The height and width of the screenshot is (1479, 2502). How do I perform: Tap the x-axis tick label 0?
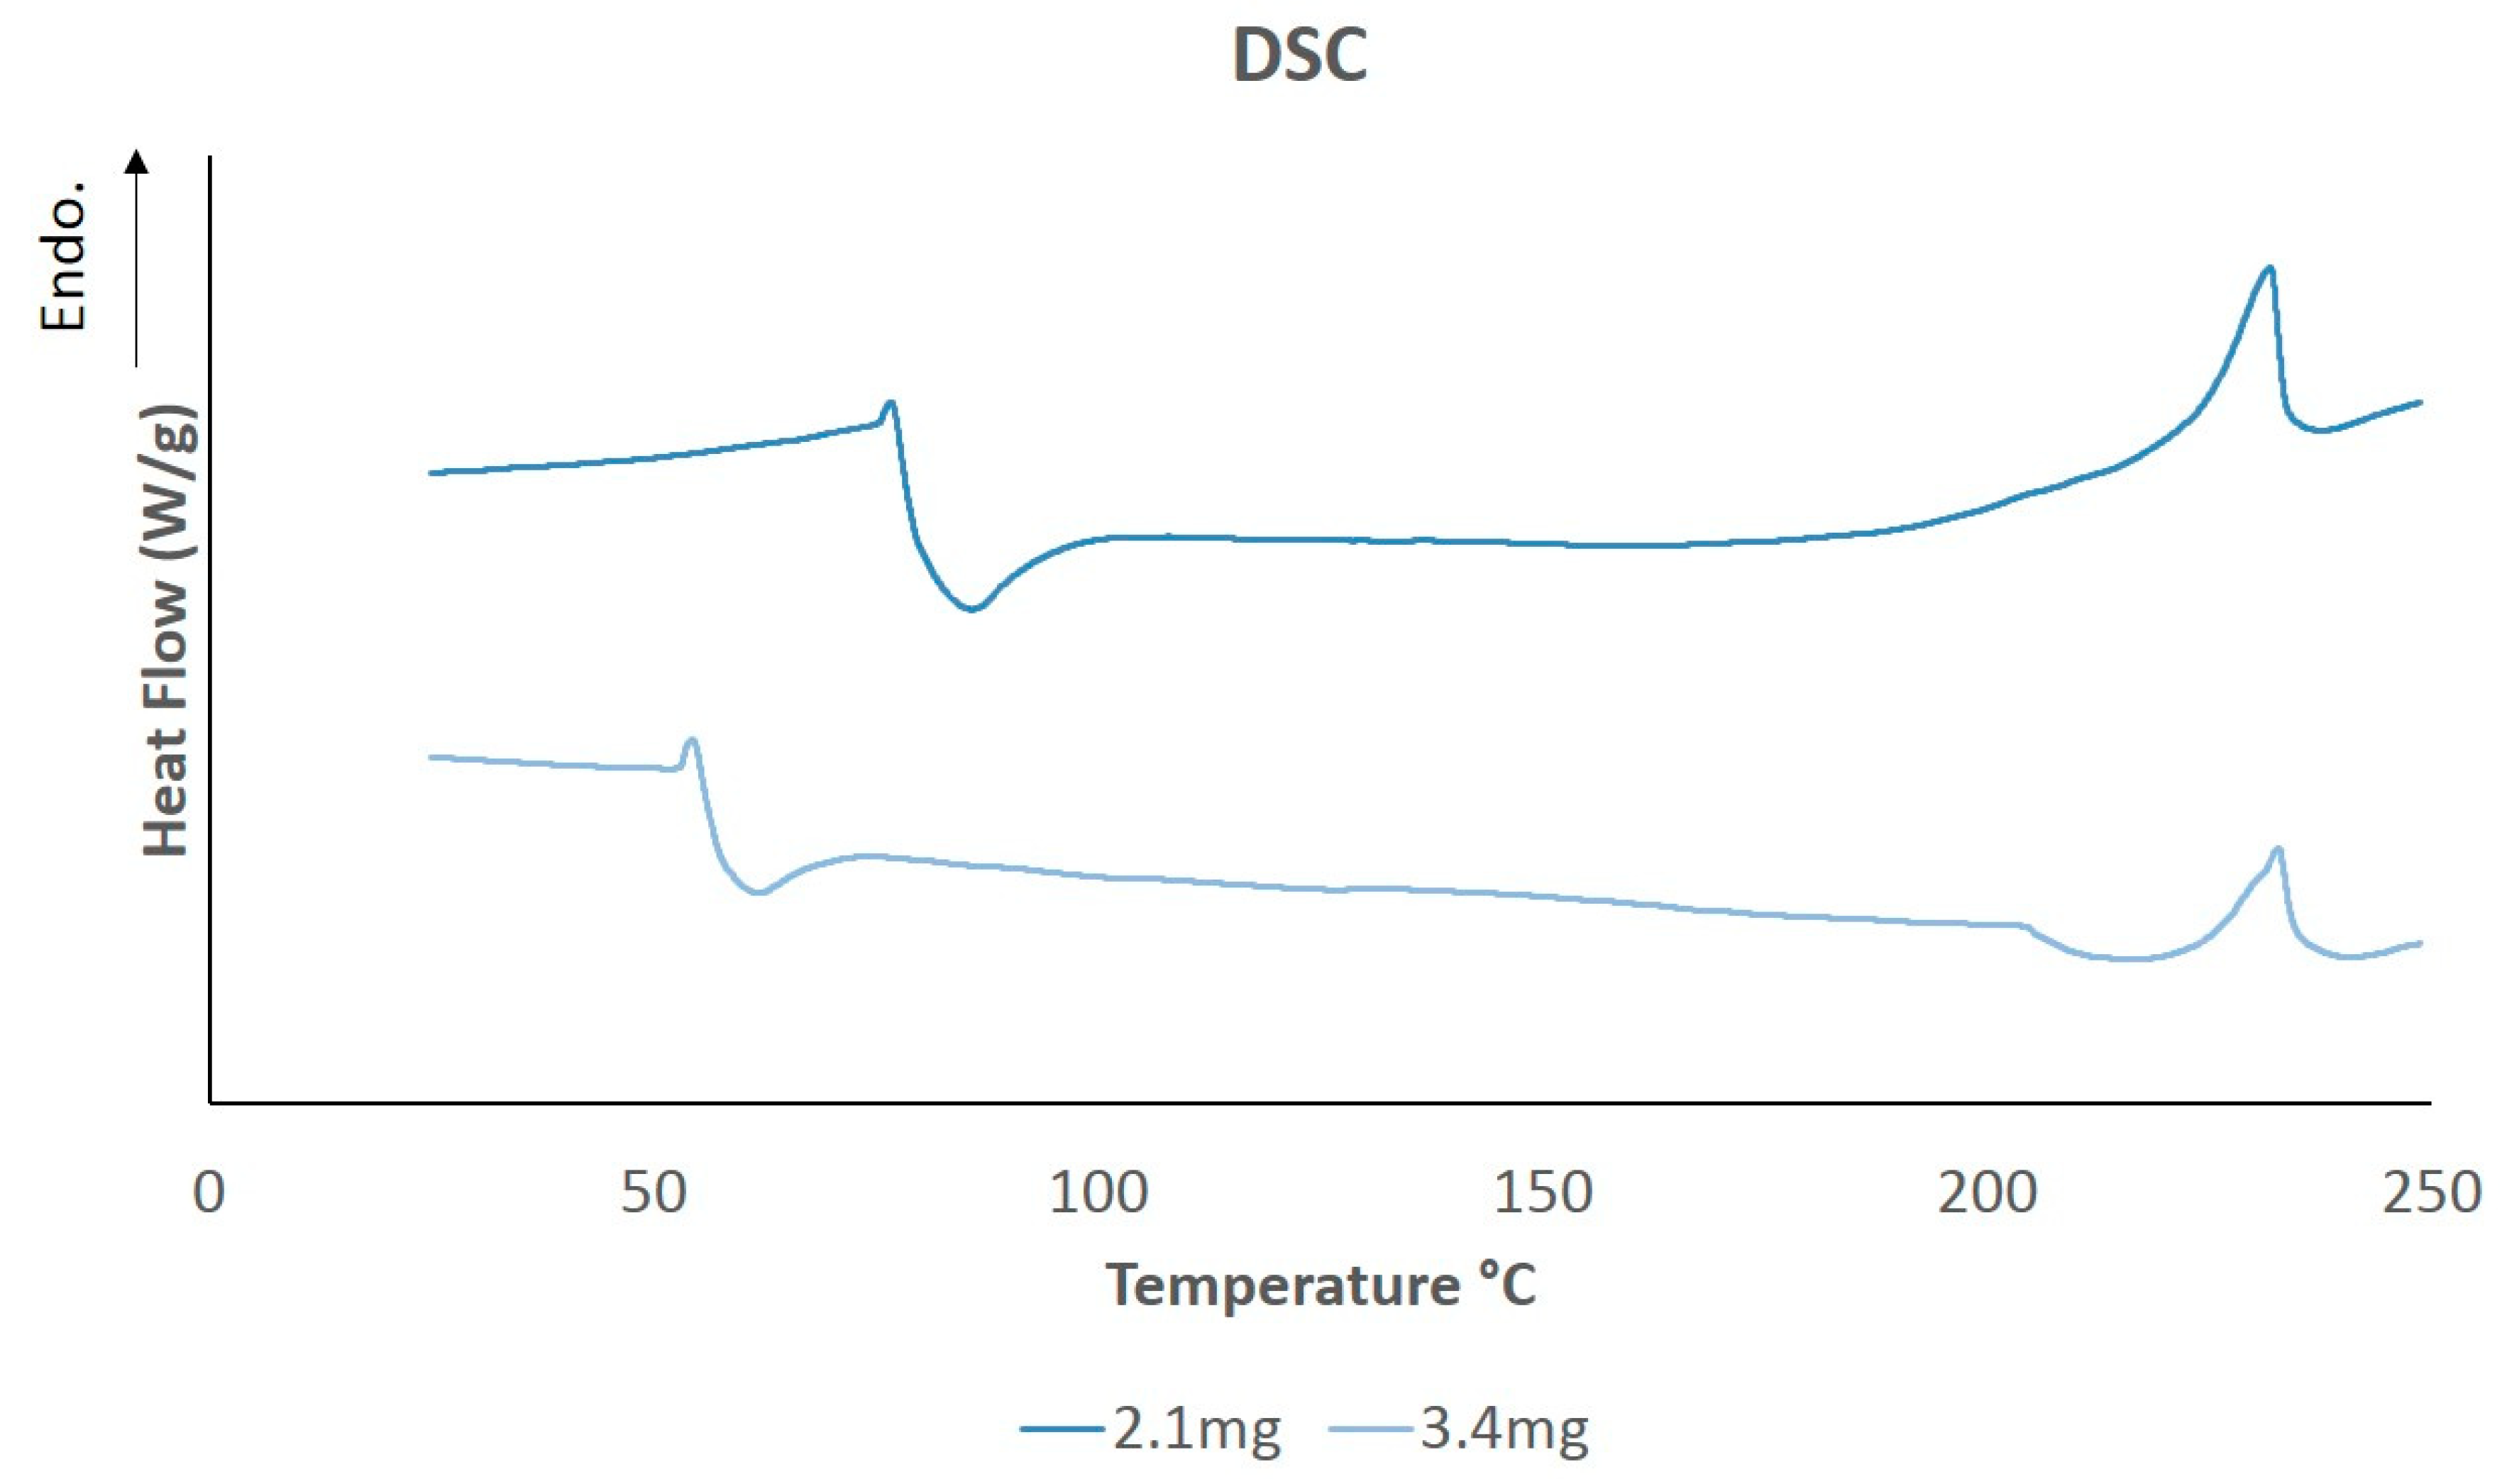point(209,1193)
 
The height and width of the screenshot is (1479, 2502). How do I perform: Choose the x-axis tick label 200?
point(1987,1193)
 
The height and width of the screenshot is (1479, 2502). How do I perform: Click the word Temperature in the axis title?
point(1282,1285)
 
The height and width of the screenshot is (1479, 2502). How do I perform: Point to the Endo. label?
point(64,257)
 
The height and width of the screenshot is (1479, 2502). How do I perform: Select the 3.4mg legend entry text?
point(1503,1429)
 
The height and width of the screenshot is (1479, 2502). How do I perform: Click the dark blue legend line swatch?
point(1062,1430)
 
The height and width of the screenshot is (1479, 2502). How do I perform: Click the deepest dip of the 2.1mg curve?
point(972,608)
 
